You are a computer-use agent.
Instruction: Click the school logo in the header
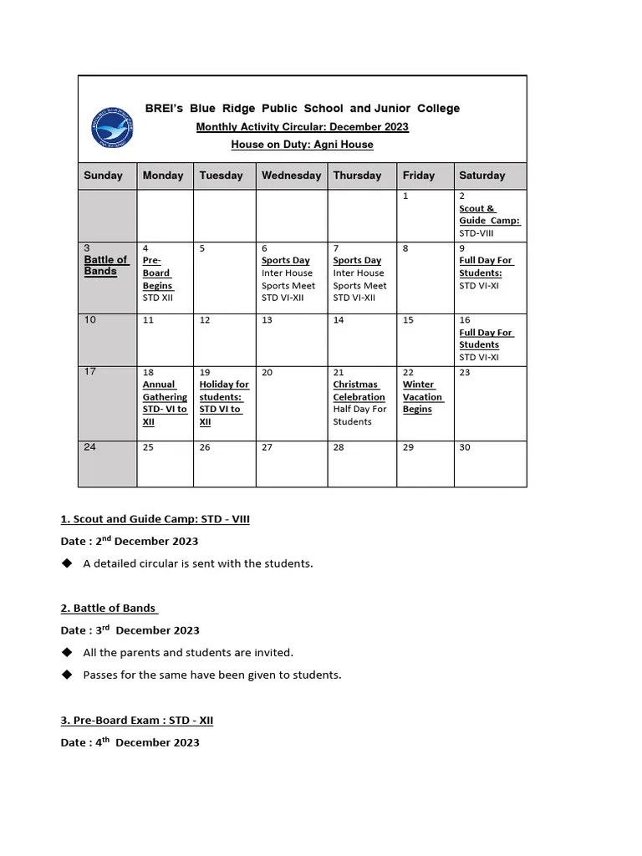111,126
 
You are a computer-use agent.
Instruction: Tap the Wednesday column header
291,176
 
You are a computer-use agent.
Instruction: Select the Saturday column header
482,176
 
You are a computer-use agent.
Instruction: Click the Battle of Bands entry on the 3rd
106,266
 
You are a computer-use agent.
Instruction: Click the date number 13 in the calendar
267,320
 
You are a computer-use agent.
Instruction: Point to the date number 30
465,447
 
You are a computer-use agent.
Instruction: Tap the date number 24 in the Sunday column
90,447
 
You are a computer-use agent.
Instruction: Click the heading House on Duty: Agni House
302,145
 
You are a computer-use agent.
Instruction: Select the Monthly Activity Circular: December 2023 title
302,127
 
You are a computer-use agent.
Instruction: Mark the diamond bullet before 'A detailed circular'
67,563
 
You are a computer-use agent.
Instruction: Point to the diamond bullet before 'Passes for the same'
67,675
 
